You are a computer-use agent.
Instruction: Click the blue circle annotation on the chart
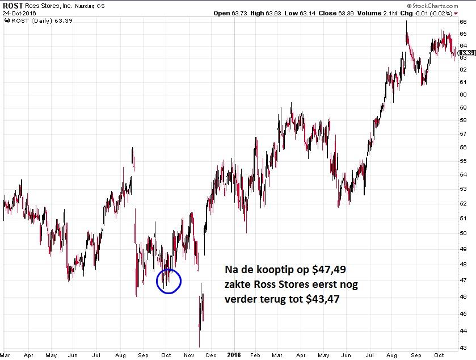169,281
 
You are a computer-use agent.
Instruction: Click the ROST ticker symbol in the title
12,5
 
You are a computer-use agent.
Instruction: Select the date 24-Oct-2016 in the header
20,13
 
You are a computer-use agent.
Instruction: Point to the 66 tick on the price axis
463,22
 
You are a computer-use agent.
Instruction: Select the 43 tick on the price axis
463,348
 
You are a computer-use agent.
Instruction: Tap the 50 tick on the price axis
463,233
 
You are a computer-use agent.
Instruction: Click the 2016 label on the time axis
233,355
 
